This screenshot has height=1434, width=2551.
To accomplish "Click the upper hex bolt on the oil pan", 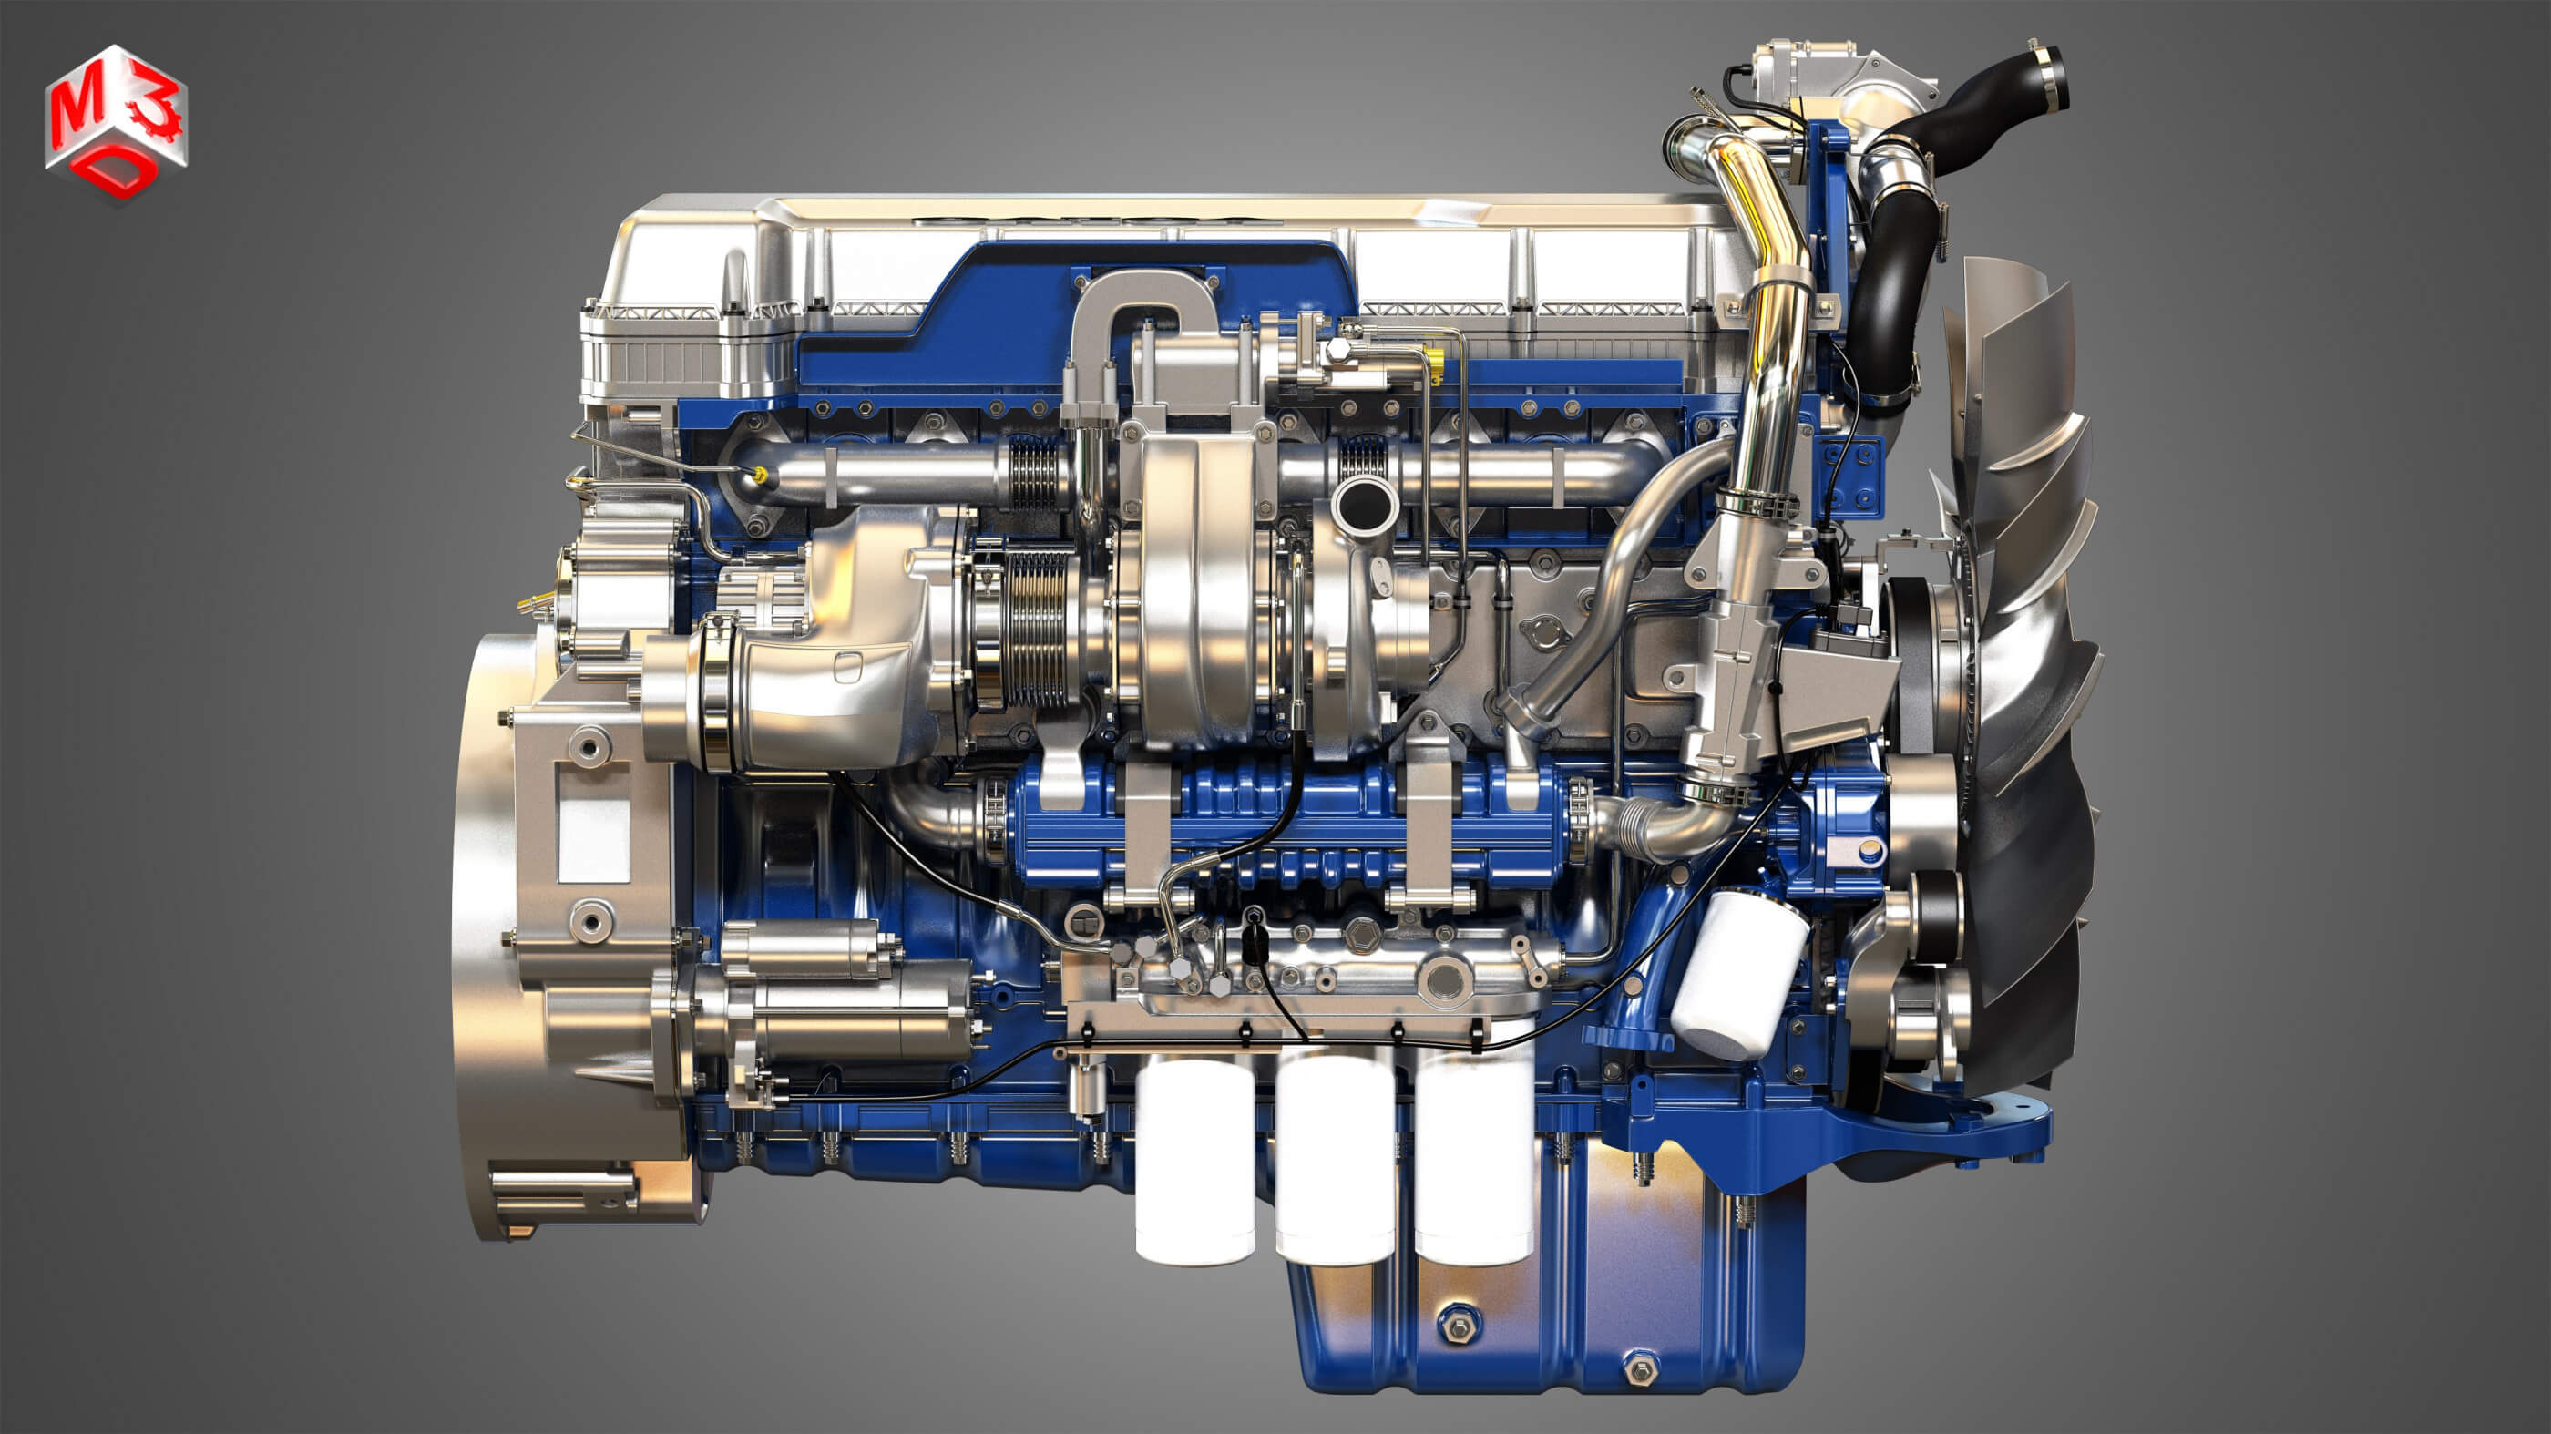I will point(1459,1323).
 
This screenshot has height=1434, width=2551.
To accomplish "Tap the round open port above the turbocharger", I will point(1366,504).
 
